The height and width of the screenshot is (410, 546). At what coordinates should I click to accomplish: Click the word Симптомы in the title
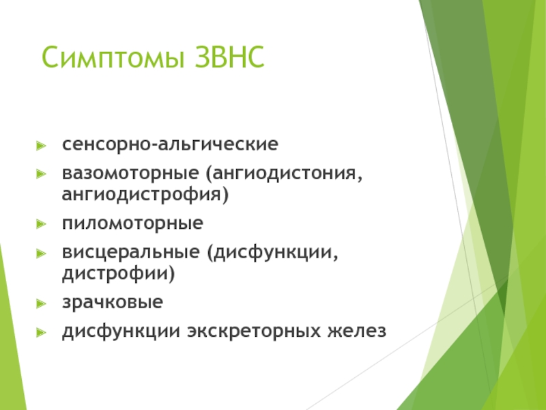click(113, 57)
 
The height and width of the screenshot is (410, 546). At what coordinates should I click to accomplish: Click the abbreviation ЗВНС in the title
click(229, 57)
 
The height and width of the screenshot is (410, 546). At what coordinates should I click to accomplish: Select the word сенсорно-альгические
click(170, 143)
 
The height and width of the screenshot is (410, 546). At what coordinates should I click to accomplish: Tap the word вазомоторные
click(130, 174)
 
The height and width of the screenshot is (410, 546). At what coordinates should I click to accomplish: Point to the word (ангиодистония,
click(284, 174)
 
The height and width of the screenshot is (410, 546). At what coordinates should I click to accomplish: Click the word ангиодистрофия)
click(145, 195)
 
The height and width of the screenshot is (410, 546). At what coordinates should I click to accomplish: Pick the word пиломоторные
click(132, 223)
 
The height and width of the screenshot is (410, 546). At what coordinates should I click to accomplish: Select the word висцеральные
click(130, 252)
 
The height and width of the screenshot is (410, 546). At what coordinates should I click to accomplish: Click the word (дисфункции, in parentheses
click(272, 252)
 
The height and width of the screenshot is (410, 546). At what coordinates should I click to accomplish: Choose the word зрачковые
click(113, 302)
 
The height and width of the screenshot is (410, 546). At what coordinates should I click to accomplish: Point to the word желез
click(357, 331)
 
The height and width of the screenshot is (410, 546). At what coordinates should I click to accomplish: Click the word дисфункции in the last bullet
click(121, 331)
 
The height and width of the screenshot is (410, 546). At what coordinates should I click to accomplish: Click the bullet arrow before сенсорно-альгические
click(41, 146)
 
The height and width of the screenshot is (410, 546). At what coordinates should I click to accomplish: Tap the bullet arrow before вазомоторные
click(41, 174)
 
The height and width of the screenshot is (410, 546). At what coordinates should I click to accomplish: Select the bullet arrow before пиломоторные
click(41, 224)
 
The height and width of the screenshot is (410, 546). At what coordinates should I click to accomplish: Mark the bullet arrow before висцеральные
click(41, 253)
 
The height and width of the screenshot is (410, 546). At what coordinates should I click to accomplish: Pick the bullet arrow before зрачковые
click(41, 303)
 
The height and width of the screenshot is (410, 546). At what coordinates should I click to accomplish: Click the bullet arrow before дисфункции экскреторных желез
click(41, 332)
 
